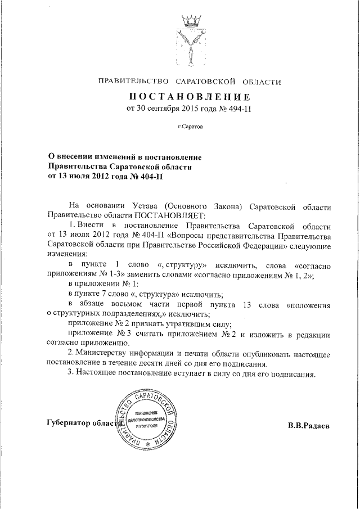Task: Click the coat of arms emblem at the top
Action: (190, 42)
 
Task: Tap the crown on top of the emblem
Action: (190, 22)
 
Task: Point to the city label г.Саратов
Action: (190, 127)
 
